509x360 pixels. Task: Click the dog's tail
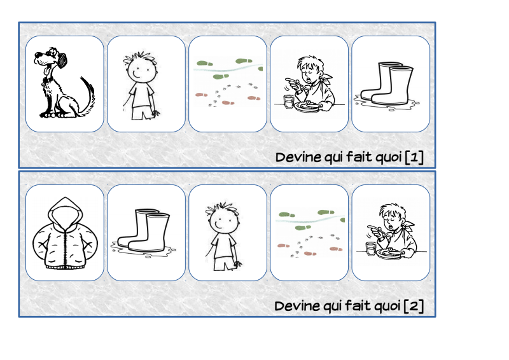coord(89,96)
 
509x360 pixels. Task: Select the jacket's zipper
coord(66,247)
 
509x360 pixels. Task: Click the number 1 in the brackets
coord(414,158)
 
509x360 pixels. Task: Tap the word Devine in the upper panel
coord(298,158)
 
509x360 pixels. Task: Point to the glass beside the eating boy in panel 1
coord(288,101)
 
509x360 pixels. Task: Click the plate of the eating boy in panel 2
coord(391,254)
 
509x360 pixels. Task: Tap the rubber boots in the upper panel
coord(387,85)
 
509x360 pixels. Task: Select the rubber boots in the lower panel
coord(143,232)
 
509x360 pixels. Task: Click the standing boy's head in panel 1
coord(140,69)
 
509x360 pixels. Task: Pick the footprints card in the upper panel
coord(228,84)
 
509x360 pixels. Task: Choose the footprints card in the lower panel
coord(309,233)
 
